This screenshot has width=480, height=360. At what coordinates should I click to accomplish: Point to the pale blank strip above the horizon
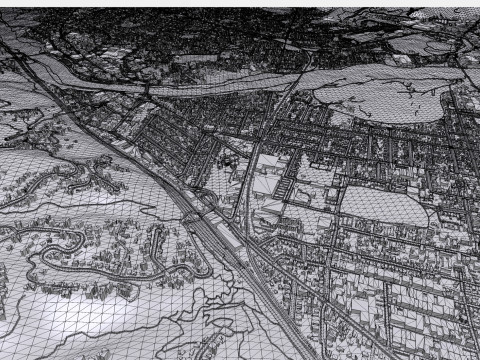(x=240, y=4)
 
